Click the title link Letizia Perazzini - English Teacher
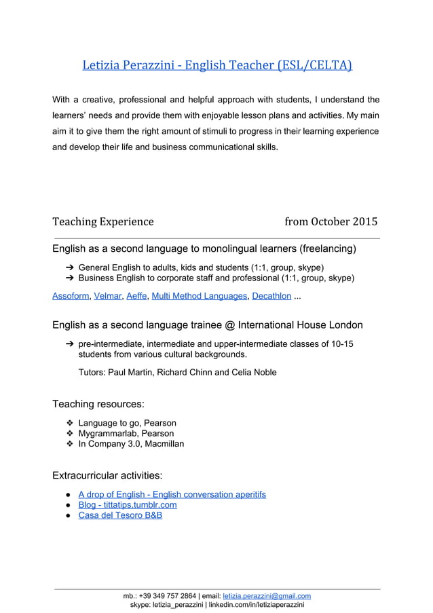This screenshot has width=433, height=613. pos(216,66)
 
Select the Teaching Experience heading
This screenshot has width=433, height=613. pos(103,221)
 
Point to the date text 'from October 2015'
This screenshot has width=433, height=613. pos(331,221)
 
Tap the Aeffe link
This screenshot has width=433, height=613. pos(138,296)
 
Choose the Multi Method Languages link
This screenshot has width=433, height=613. pos(200,296)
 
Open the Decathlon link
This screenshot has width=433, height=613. pos(271,296)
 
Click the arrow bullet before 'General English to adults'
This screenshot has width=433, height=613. pos(69,267)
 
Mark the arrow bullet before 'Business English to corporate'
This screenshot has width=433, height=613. pos(69,278)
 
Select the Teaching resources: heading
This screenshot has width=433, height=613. pos(98,404)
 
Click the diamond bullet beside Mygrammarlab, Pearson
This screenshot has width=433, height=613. pos(69,433)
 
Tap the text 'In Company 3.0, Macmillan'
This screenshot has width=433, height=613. pos(131,444)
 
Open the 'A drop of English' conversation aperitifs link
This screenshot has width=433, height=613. pos(172,494)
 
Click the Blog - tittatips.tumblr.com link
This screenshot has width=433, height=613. pos(128,504)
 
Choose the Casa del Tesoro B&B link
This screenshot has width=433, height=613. pos(120,515)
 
